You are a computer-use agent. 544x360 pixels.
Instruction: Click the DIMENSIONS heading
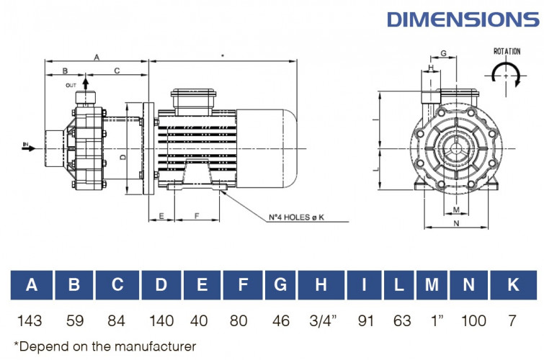click(x=463, y=19)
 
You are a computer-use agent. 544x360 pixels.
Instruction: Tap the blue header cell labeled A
click(x=31, y=285)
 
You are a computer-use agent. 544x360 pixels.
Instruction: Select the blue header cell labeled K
click(x=513, y=285)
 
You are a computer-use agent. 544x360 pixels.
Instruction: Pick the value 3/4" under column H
click(x=320, y=320)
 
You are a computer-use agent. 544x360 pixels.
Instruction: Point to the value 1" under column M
click(x=431, y=320)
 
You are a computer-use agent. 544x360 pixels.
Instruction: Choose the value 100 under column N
click(x=473, y=320)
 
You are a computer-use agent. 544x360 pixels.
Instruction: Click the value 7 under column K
click(x=513, y=320)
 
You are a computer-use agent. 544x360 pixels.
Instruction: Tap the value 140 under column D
click(x=161, y=320)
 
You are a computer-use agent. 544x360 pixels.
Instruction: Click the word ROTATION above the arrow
click(x=507, y=52)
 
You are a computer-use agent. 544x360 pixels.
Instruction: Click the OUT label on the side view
click(x=71, y=85)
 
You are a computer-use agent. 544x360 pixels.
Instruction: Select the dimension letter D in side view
click(x=122, y=156)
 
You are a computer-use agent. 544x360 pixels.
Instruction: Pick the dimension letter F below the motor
click(x=197, y=216)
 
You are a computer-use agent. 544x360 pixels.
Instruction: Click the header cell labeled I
click(x=365, y=285)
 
